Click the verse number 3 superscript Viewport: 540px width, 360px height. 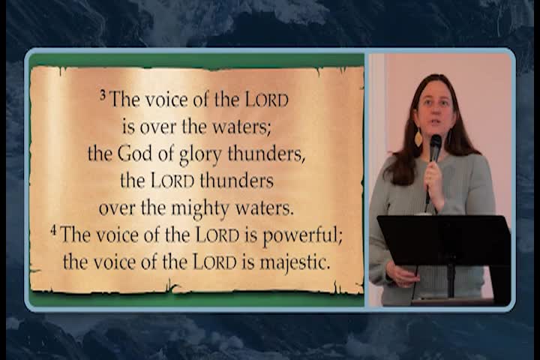point(103,95)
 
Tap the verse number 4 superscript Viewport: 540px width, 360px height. point(53,230)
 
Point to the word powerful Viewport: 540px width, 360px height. point(302,235)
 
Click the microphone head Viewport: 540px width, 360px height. point(436,142)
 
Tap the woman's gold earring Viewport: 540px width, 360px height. point(418,138)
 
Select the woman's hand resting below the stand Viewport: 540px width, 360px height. point(402,275)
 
